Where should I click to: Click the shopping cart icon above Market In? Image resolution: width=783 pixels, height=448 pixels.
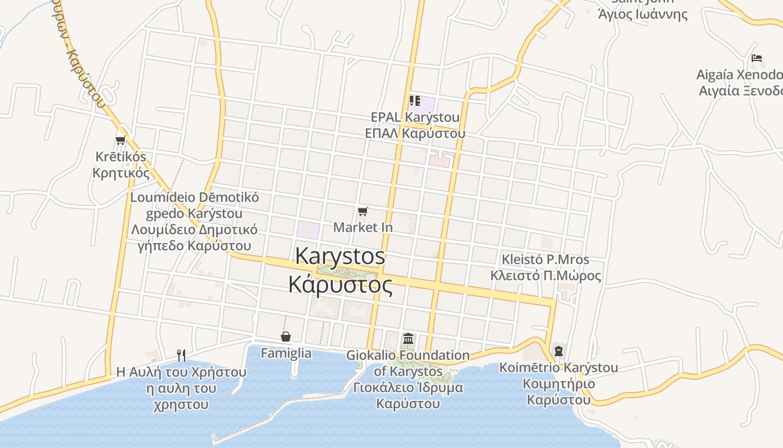pos(363,211)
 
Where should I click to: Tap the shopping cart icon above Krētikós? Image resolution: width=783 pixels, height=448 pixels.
pos(120,140)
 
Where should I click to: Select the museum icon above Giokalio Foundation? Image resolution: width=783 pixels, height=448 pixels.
pos(408,339)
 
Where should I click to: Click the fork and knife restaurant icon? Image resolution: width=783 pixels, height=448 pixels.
pos(181,355)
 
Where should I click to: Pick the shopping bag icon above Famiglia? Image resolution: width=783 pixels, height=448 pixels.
pos(286,336)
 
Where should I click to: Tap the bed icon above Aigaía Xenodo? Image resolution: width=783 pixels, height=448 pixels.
pos(757,58)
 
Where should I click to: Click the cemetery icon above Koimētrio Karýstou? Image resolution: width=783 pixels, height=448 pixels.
pos(558,351)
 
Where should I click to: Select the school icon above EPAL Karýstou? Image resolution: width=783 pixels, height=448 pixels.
pos(414,101)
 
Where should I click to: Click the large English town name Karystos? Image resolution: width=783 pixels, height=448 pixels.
pos(340,256)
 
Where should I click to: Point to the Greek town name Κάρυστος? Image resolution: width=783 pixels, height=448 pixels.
pos(340,284)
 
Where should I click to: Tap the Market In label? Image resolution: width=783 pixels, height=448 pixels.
pos(363,227)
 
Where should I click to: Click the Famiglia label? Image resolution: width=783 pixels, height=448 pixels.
pos(286,353)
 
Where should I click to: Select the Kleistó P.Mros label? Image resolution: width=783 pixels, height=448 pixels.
pos(545,259)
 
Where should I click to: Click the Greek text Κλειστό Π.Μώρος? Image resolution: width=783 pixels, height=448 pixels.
pos(545,276)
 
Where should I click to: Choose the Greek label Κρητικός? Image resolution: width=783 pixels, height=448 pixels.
pos(121,172)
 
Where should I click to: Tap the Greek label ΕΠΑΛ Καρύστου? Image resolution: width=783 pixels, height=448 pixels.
pos(414,134)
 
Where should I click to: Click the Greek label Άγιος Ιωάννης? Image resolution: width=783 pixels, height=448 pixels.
pos(643,15)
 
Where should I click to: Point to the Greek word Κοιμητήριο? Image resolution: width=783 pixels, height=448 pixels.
pos(558,384)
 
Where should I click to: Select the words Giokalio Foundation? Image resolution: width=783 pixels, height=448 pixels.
pos(408,355)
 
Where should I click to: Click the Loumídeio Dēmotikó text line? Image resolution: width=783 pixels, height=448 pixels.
pos(194,198)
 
